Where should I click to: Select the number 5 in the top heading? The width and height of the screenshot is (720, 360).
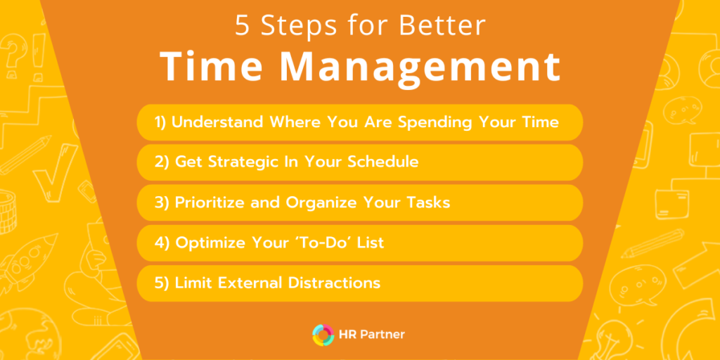coord(243,25)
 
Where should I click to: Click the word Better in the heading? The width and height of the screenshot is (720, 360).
coord(442,25)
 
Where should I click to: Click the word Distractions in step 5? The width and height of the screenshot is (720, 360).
coord(335,283)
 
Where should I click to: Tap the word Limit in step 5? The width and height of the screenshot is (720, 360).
coord(191,283)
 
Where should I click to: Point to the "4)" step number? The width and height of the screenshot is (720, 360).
coord(162,243)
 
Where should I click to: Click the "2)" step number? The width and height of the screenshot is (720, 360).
coord(162,162)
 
